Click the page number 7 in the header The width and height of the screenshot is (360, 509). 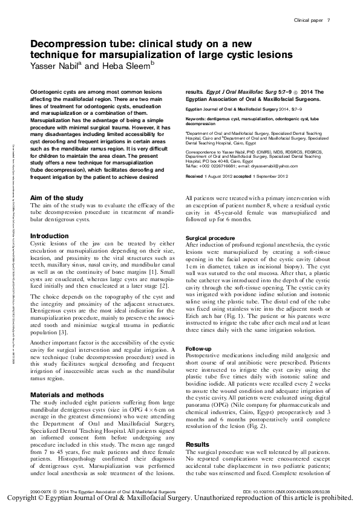click(x=328, y=21)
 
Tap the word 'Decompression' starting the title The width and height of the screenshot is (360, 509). click(x=65, y=45)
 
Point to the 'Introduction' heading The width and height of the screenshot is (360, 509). click(x=50, y=236)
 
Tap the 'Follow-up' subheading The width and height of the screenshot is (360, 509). click(x=198, y=349)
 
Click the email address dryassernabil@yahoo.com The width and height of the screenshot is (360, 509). click(x=266, y=165)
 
